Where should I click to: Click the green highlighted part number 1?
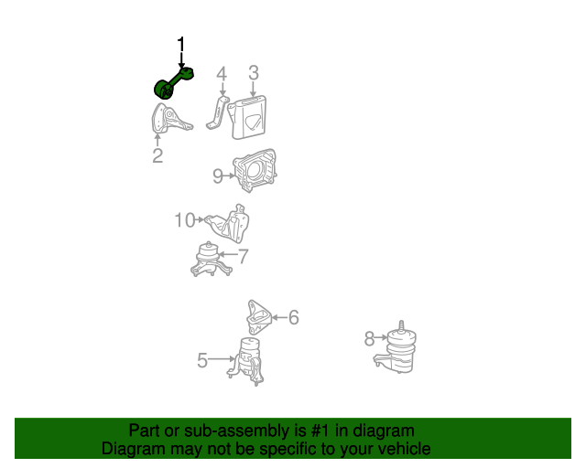[x=173, y=83]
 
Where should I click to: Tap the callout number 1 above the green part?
[x=181, y=45]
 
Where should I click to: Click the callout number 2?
[x=157, y=155]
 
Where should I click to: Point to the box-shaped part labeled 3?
[x=248, y=118]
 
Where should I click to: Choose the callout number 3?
[x=254, y=73]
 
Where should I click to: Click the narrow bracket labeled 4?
[x=218, y=112]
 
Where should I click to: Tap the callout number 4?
[x=222, y=74]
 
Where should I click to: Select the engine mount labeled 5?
[x=246, y=361]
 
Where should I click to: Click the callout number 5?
[x=202, y=360]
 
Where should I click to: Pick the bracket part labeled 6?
[x=258, y=317]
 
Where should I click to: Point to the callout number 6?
[x=294, y=317]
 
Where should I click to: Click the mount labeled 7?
[x=212, y=260]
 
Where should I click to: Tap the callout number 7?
[x=244, y=256]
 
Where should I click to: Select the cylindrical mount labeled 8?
[x=396, y=348]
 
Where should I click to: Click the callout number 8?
[x=369, y=339]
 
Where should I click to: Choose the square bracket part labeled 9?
[x=255, y=171]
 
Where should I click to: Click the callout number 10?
[x=185, y=220]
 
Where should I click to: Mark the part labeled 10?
[x=228, y=223]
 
